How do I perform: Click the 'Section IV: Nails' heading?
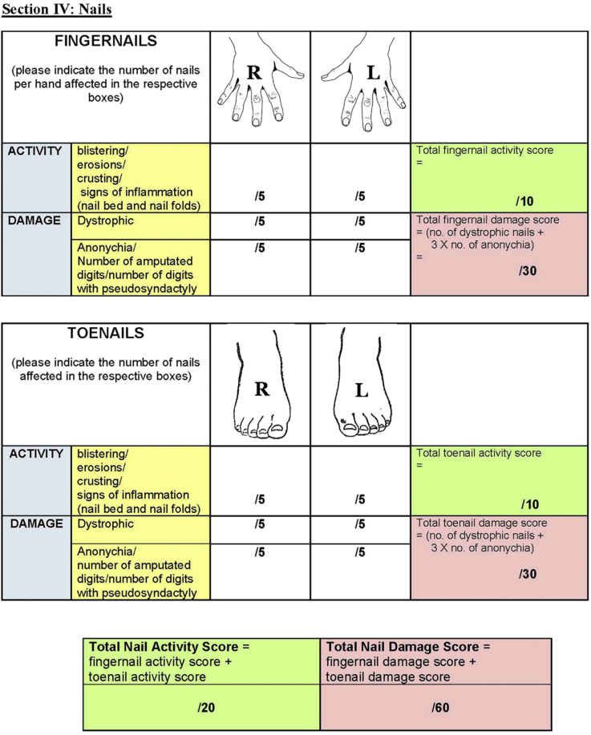tap(56, 10)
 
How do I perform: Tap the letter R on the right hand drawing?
tap(254, 72)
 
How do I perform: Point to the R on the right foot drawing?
tap(261, 389)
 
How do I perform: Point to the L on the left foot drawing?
tap(362, 390)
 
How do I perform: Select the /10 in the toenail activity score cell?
tap(529, 504)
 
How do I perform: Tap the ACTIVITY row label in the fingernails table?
tap(36, 150)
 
